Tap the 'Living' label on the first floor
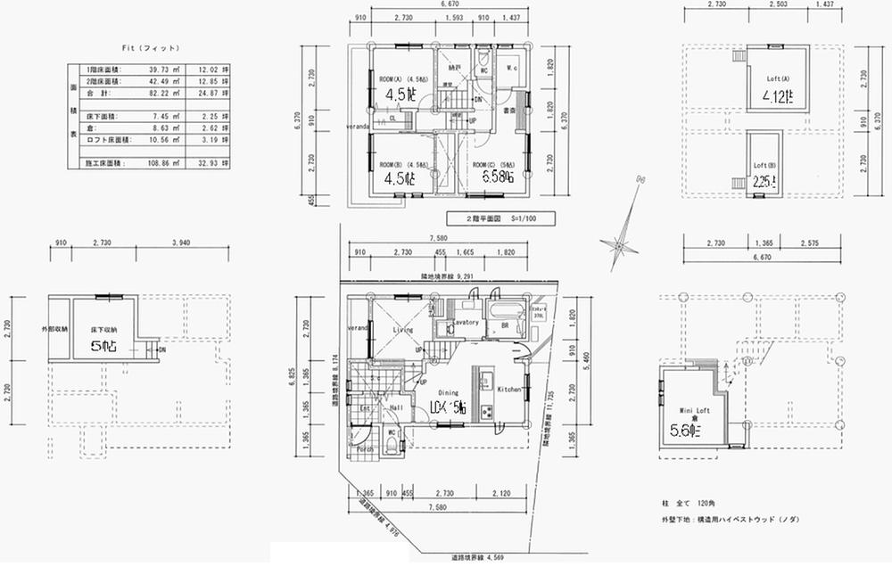tap(404, 330)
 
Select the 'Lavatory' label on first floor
tap(467, 323)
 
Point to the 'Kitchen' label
tap(508, 390)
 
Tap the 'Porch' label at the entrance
tap(365, 450)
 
